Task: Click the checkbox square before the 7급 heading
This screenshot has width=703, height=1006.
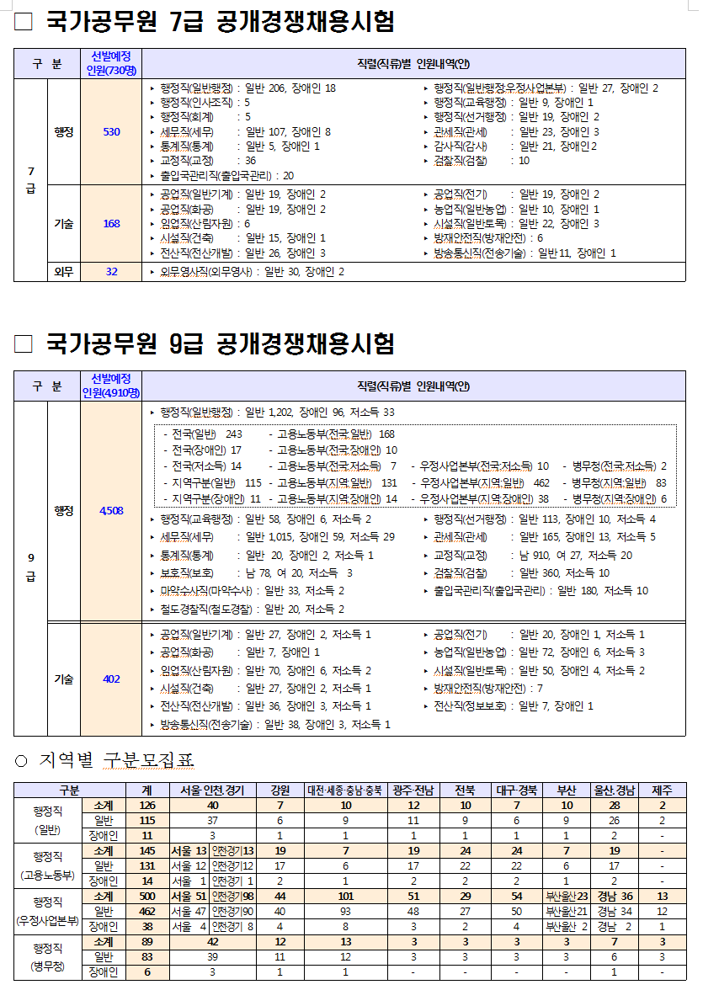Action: (24, 22)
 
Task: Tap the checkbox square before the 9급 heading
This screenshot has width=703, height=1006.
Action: (24, 344)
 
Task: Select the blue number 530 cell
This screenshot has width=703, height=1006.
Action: (111, 131)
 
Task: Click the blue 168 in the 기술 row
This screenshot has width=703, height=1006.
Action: (111, 224)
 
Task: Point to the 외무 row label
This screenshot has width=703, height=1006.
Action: (63, 272)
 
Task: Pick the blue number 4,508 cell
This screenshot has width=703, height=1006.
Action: (111, 511)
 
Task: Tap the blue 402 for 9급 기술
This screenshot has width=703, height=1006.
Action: (111, 679)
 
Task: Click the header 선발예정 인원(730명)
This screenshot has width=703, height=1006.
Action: (111, 63)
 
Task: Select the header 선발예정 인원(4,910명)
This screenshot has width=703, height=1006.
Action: (111, 386)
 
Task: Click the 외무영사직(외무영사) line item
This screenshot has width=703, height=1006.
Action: (252, 272)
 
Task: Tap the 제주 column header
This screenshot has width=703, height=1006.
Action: (663, 790)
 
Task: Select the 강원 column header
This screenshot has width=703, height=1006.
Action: (280, 790)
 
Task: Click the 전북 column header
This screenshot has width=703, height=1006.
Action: (465, 790)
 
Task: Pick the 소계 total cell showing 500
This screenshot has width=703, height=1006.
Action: (147, 897)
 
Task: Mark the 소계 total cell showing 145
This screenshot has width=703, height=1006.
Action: (147, 850)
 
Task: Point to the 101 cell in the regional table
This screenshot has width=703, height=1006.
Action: (345, 897)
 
